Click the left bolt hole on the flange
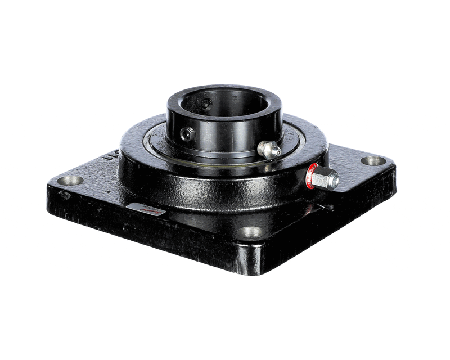tap(71, 180)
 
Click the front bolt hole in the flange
tap(250, 232)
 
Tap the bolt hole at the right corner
tap(373, 161)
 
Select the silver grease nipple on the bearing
tap(269, 149)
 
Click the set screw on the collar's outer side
tap(186, 133)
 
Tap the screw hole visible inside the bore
tap(208, 104)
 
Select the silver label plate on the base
tap(146, 209)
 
